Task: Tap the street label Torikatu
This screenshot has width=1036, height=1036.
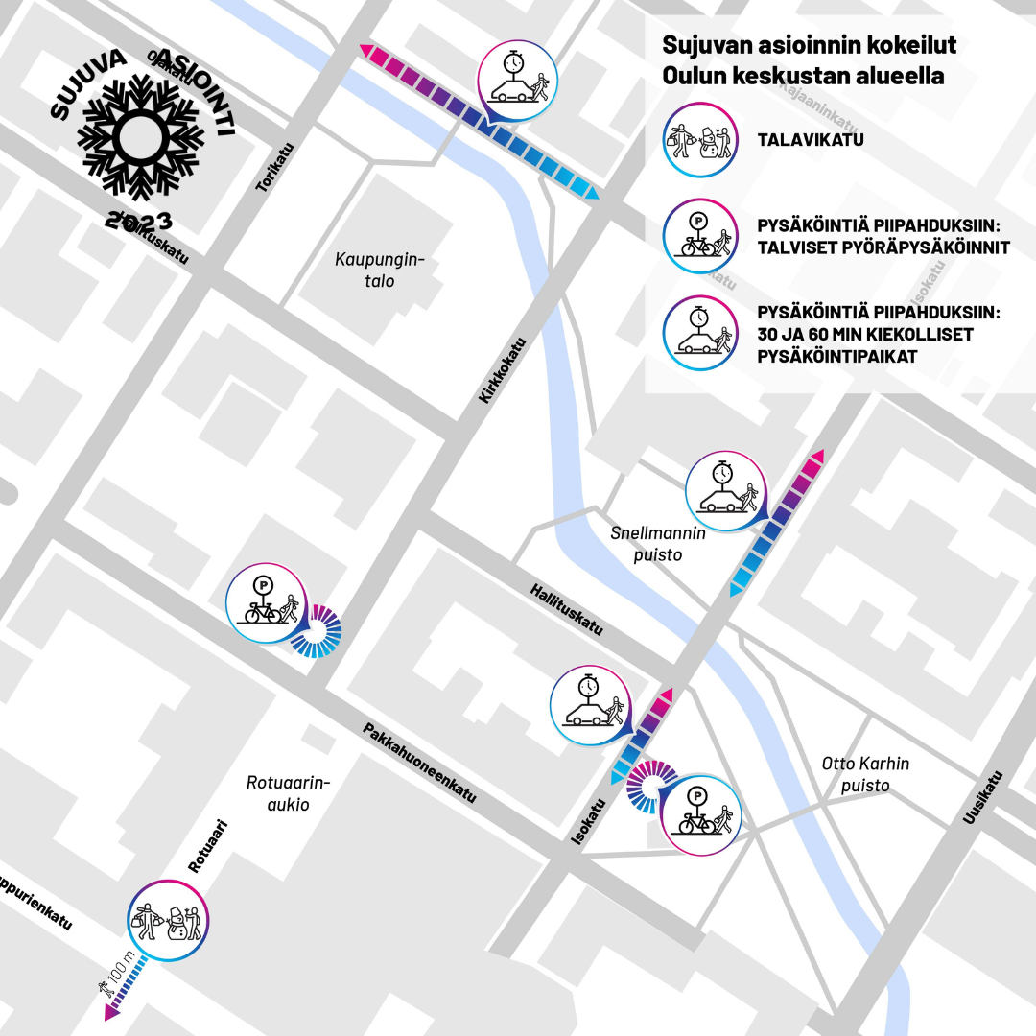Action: click(x=275, y=168)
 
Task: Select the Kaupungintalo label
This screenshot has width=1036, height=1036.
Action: click(x=379, y=271)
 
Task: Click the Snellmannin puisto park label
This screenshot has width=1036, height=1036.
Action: click(x=658, y=544)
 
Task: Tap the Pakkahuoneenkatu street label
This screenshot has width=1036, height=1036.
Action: click(x=419, y=763)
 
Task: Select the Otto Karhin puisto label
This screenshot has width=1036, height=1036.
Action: click(x=865, y=775)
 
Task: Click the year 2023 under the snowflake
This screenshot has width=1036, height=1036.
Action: click(x=140, y=220)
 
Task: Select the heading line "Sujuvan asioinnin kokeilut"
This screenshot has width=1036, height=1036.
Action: click(x=809, y=46)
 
